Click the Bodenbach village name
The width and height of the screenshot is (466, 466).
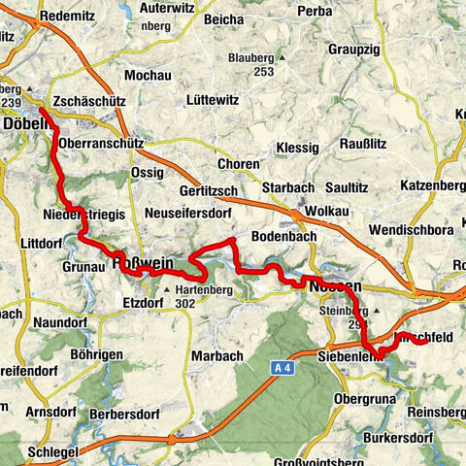[x=282, y=237]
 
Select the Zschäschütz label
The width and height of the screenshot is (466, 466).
[x=86, y=101]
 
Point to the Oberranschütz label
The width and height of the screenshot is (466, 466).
[x=101, y=142]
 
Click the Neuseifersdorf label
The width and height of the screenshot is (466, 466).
[x=185, y=211]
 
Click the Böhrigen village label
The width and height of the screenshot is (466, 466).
[x=108, y=355]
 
